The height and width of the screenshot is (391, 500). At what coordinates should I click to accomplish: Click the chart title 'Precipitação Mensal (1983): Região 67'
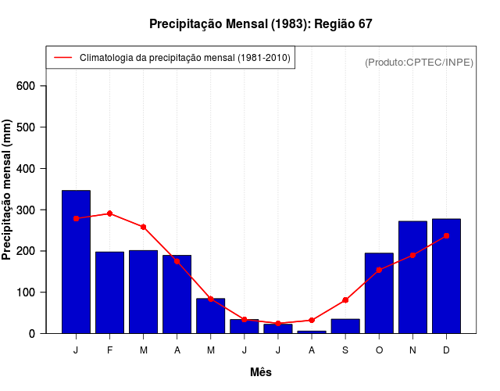261,24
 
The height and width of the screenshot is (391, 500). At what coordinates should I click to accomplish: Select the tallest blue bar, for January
76,262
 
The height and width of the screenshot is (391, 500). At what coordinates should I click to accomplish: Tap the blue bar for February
109,292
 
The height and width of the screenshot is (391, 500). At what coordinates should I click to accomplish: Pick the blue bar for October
379,293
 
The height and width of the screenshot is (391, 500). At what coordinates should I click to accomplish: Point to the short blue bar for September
345,326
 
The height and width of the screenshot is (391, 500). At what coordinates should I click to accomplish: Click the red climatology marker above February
109,213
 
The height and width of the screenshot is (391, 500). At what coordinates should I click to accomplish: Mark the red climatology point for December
446,235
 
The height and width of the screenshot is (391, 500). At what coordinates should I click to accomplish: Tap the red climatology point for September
345,300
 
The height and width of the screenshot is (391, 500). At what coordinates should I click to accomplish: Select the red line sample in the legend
63,58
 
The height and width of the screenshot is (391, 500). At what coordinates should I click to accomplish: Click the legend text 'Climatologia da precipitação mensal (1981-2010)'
185,58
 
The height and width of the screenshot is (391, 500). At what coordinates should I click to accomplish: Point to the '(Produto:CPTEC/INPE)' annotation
419,62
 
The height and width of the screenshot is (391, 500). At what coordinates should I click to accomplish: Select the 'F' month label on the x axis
109,350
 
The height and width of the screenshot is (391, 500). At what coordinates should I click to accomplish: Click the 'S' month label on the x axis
345,350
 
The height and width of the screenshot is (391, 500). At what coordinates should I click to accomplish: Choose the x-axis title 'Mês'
261,372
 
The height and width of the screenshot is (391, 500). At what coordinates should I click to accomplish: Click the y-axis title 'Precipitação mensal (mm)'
8,189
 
